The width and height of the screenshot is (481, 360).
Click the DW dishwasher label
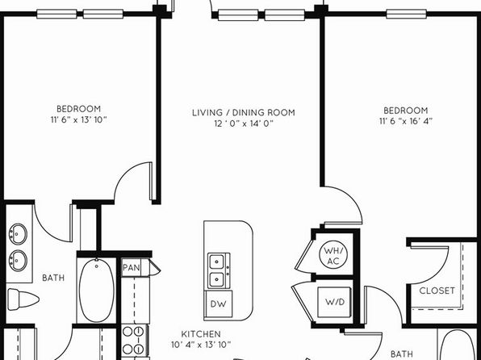[x=219, y=303]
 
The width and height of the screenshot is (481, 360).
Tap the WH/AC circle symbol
[x=333, y=256]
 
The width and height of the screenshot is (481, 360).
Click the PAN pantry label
[x=132, y=268]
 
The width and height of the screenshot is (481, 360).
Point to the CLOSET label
[x=437, y=291]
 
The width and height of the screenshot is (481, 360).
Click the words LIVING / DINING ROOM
[x=244, y=113]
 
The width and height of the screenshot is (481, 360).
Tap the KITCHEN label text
[x=201, y=334]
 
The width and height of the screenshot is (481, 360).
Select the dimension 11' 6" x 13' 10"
[x=79, y=119]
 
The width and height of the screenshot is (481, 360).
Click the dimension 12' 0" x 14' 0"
[x=244, y=123]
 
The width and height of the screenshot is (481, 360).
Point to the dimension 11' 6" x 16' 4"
[x=406, y=121]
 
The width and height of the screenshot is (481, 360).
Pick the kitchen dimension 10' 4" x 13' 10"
[x=201, y=345]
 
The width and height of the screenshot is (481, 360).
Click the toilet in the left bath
[x=23, y=299]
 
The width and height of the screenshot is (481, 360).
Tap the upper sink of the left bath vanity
[x=18, y=234]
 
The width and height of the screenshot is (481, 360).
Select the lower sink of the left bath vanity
[x=18, y=261]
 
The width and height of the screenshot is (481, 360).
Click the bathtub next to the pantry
[x=96, y=290]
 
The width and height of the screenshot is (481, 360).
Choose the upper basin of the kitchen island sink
[x=217, y=262]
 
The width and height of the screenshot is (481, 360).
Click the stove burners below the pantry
[x=133, y=341]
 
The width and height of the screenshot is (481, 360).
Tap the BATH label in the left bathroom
[x=53, y=278]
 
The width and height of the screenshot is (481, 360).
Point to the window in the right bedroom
[x=406, y=14]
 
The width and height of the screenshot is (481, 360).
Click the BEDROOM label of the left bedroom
[x=79, y=109]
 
